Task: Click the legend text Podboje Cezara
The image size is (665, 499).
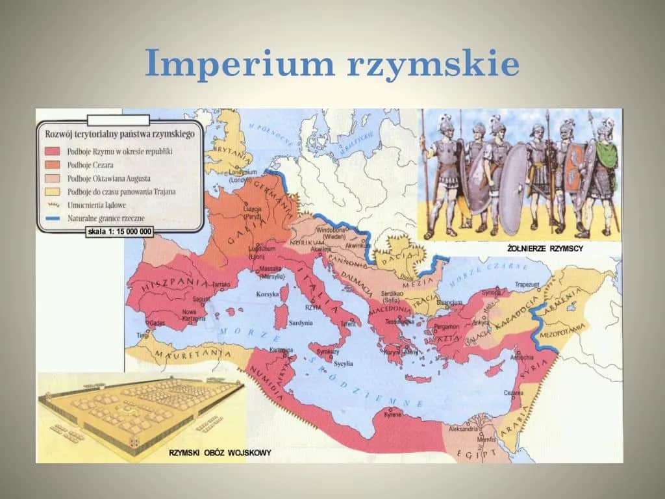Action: point(91,164)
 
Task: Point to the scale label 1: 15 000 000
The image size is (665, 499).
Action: point(119,231)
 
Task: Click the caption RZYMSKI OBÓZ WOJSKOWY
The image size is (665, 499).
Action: point(220,452)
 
